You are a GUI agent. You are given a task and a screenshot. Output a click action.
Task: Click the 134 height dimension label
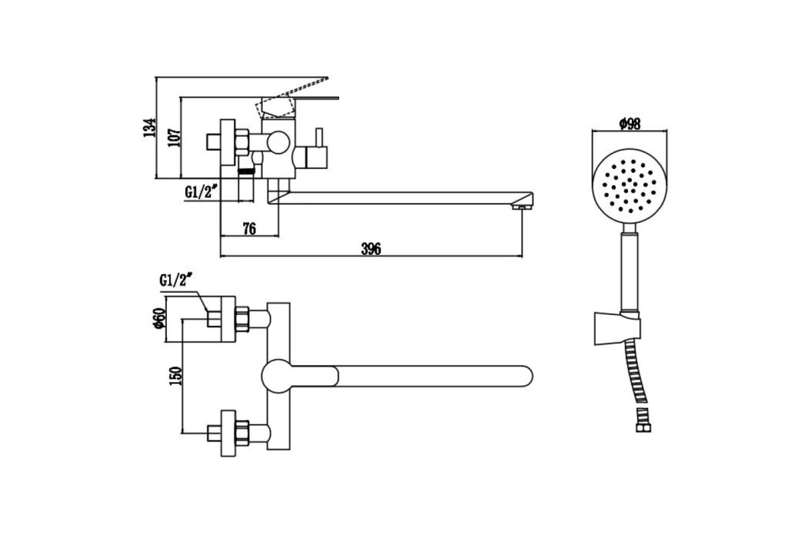click(149, 128)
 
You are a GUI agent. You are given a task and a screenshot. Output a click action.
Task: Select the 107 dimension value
click(174, 137)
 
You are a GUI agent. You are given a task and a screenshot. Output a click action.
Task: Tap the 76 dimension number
click(249, 229)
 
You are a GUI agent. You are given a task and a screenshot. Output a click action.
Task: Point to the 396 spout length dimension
click(371, 249)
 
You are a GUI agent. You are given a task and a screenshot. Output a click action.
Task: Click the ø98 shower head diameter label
click(630, 124)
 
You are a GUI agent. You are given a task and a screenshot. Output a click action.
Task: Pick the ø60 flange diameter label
click(159, 319)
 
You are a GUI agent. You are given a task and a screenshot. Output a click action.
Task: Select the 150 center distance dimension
click(176, 376)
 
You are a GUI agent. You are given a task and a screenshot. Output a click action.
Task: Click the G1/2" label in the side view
click(201, 191)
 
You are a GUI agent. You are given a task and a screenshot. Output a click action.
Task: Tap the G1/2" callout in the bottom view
click(175, 280)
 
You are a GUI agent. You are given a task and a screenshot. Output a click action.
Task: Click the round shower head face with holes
click(630, 185)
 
